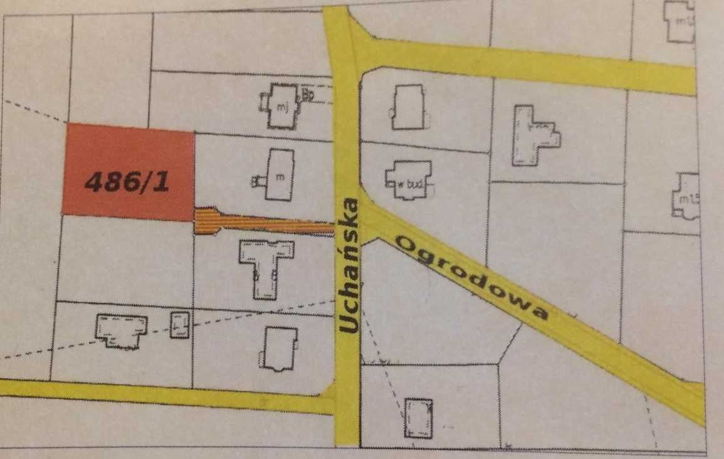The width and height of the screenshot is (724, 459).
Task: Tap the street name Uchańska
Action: pos(349,265)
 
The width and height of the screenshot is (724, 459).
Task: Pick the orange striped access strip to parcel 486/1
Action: pos(263,223)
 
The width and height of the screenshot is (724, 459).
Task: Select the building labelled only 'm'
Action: pos(279,175)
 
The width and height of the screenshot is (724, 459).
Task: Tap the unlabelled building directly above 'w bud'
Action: pos(408,107)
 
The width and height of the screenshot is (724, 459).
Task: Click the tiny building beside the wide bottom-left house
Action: pos(180,325)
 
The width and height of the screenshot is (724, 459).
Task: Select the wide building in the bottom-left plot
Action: pos(122,330)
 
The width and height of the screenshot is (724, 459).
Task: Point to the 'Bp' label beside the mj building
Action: pos(308,95)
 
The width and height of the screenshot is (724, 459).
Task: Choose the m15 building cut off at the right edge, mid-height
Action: pos(686,196)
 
